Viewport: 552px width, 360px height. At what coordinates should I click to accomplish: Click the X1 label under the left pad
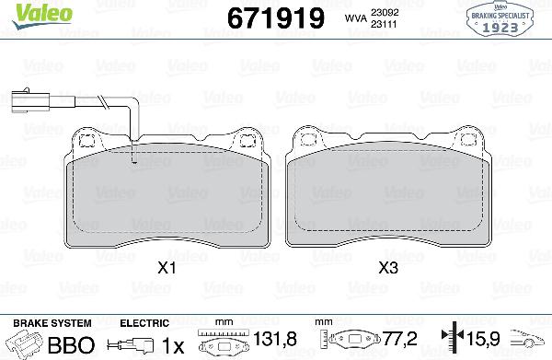tap(166, 268)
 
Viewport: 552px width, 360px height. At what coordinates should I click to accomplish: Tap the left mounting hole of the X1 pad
tap(89, 140)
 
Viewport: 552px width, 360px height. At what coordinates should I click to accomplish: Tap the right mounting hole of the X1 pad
tap(246, 140)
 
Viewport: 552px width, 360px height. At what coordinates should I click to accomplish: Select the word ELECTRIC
tap(144, 323)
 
